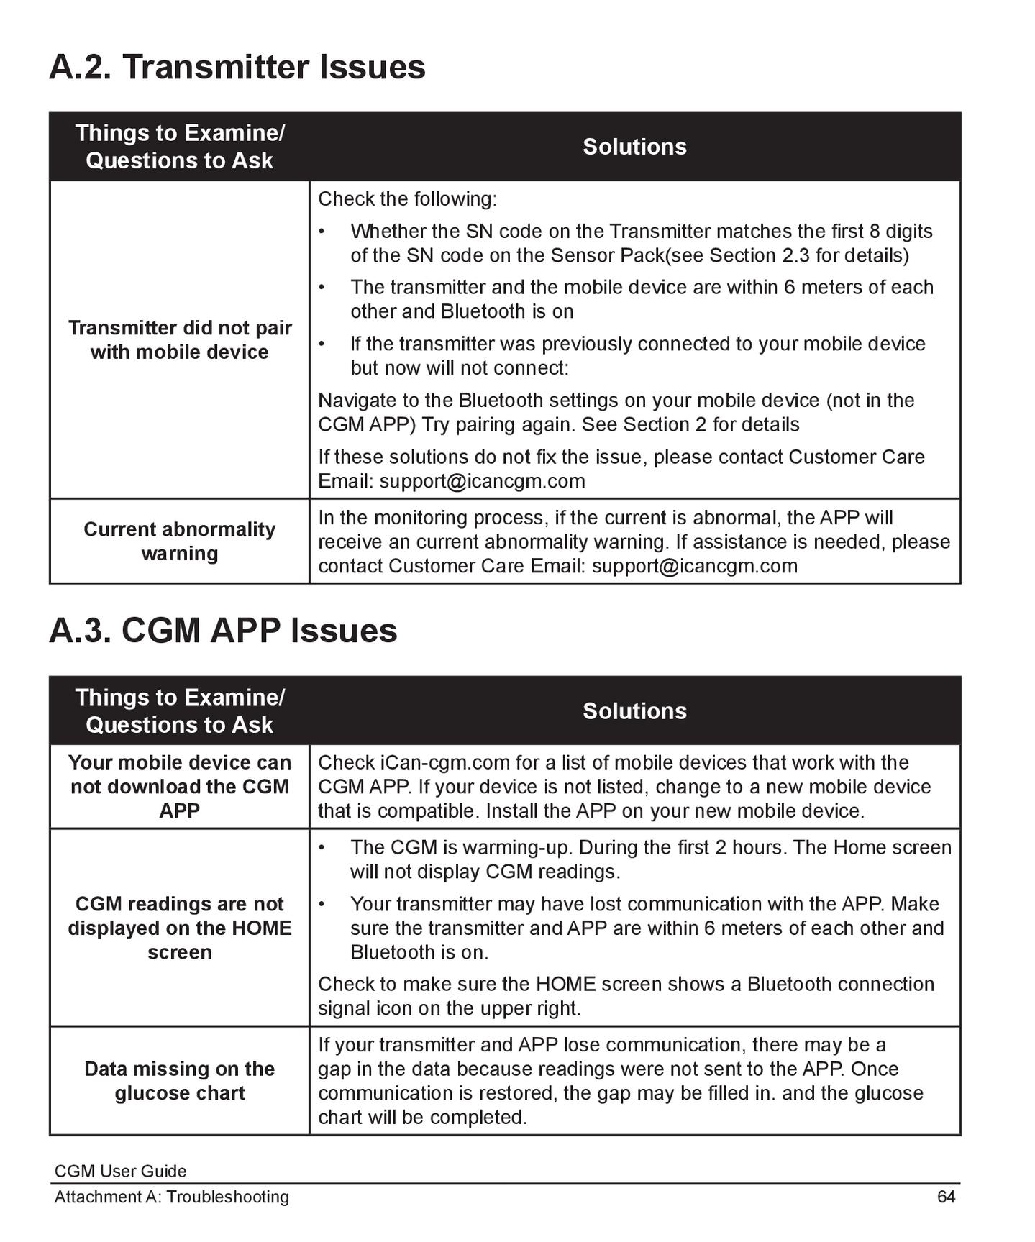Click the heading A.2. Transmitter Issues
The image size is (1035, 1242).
[237, 67]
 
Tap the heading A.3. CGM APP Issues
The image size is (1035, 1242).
[223, 631]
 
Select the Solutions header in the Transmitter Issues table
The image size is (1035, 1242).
[634, 147]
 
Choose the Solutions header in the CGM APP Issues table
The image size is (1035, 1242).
[634, 711]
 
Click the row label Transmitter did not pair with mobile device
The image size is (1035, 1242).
[180, 339]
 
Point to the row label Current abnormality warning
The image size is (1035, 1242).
[180, 541]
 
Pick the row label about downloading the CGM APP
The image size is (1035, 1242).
[180, 786]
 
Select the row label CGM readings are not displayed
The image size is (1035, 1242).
[180, 928]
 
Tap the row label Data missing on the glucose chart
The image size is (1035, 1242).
[180, 1081]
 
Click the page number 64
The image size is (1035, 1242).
[946, 1197]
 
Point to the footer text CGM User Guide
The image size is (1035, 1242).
[120, 1171]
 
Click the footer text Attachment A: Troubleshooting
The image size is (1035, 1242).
[171, 1197]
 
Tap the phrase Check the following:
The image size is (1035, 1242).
[407, 198]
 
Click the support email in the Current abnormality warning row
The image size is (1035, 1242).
[694, 566]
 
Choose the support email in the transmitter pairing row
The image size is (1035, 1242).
[482, 481]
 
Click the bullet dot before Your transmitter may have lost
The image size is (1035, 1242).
[322, 904]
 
